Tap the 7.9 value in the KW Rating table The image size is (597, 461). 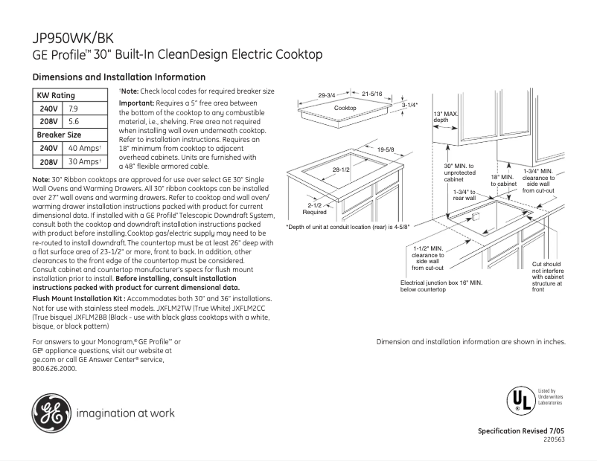74,109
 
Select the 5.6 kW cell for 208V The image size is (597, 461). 74,120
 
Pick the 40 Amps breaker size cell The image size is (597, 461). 84,149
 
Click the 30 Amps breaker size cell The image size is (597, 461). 84,161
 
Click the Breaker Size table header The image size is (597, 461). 59,135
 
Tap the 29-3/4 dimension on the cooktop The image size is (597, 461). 327,95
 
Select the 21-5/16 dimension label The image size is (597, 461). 372,94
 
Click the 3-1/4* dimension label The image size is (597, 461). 410,105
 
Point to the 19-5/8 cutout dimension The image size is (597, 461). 386,150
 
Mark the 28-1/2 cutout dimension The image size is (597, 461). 341,170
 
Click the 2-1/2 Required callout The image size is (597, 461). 314,208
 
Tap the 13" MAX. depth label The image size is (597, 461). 444,117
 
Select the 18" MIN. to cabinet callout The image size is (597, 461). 503,181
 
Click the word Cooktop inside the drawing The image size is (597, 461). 345,109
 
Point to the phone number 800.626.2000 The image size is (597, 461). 55,368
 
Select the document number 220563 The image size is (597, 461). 555,439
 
